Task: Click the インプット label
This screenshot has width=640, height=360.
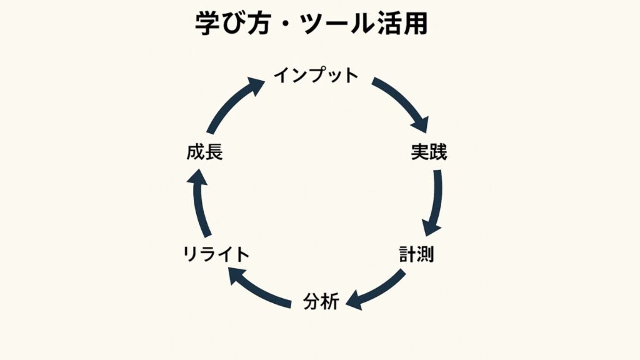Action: tap(316, 76)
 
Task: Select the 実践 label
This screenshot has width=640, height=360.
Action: tap(429, 151)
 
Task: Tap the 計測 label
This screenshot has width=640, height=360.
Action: tap(417, 254)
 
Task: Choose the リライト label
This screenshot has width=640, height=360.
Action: tap(216, 254)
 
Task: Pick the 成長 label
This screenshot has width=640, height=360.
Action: tap(204, 152)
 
